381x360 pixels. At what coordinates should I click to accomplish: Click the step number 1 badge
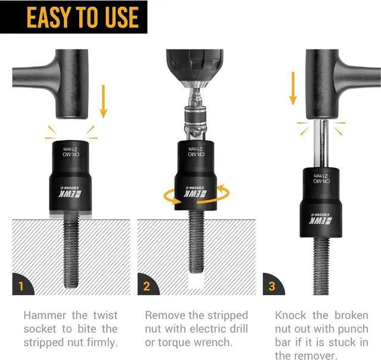coord(22,285)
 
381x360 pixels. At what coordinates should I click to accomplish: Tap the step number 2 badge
coord(147,285)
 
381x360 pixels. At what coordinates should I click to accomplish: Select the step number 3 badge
coord(272,285)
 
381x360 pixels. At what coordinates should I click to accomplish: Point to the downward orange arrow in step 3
coord(292,88)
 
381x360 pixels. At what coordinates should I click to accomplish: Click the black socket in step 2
coord(196,179)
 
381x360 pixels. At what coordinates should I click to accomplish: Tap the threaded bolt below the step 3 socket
coord(322,262)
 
